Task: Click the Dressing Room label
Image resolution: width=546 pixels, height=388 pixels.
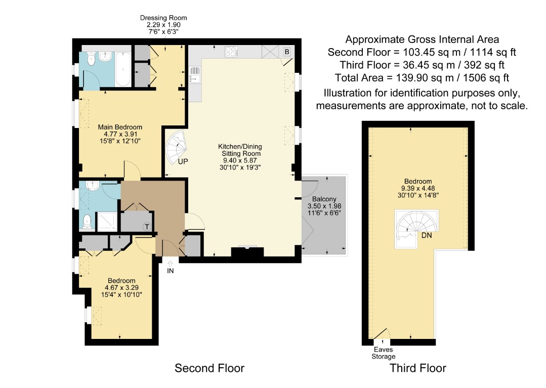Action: [163, 18]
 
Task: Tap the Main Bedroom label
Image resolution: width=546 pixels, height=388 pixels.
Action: [120, 127]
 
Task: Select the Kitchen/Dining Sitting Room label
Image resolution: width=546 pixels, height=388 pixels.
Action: [240, 150]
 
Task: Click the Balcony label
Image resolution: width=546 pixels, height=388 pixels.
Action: [324, 199]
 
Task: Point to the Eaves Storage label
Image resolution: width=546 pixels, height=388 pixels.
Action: [384, 353]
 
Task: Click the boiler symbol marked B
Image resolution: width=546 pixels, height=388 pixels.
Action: [287, 52]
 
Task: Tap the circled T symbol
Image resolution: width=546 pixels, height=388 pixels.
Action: [147, 227]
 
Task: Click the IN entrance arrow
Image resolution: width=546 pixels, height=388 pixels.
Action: [170, 264]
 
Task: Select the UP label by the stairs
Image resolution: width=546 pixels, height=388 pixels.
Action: [183, 161]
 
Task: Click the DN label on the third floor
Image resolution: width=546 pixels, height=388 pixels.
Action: [427, 236]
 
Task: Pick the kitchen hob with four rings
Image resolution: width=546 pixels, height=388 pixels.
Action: [231, 52]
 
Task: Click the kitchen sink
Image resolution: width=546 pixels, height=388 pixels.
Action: [195, 75]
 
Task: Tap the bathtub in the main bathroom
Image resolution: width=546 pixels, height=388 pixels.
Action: [123, 69]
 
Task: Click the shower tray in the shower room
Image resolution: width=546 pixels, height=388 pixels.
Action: [107, 221]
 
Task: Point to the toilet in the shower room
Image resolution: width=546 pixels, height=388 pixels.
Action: [87, 221]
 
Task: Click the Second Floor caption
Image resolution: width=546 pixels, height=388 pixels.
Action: [209, 368]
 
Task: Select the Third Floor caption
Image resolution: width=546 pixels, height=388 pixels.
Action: [418, 368]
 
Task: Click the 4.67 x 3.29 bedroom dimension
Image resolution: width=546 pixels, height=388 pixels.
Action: [121, 288]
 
